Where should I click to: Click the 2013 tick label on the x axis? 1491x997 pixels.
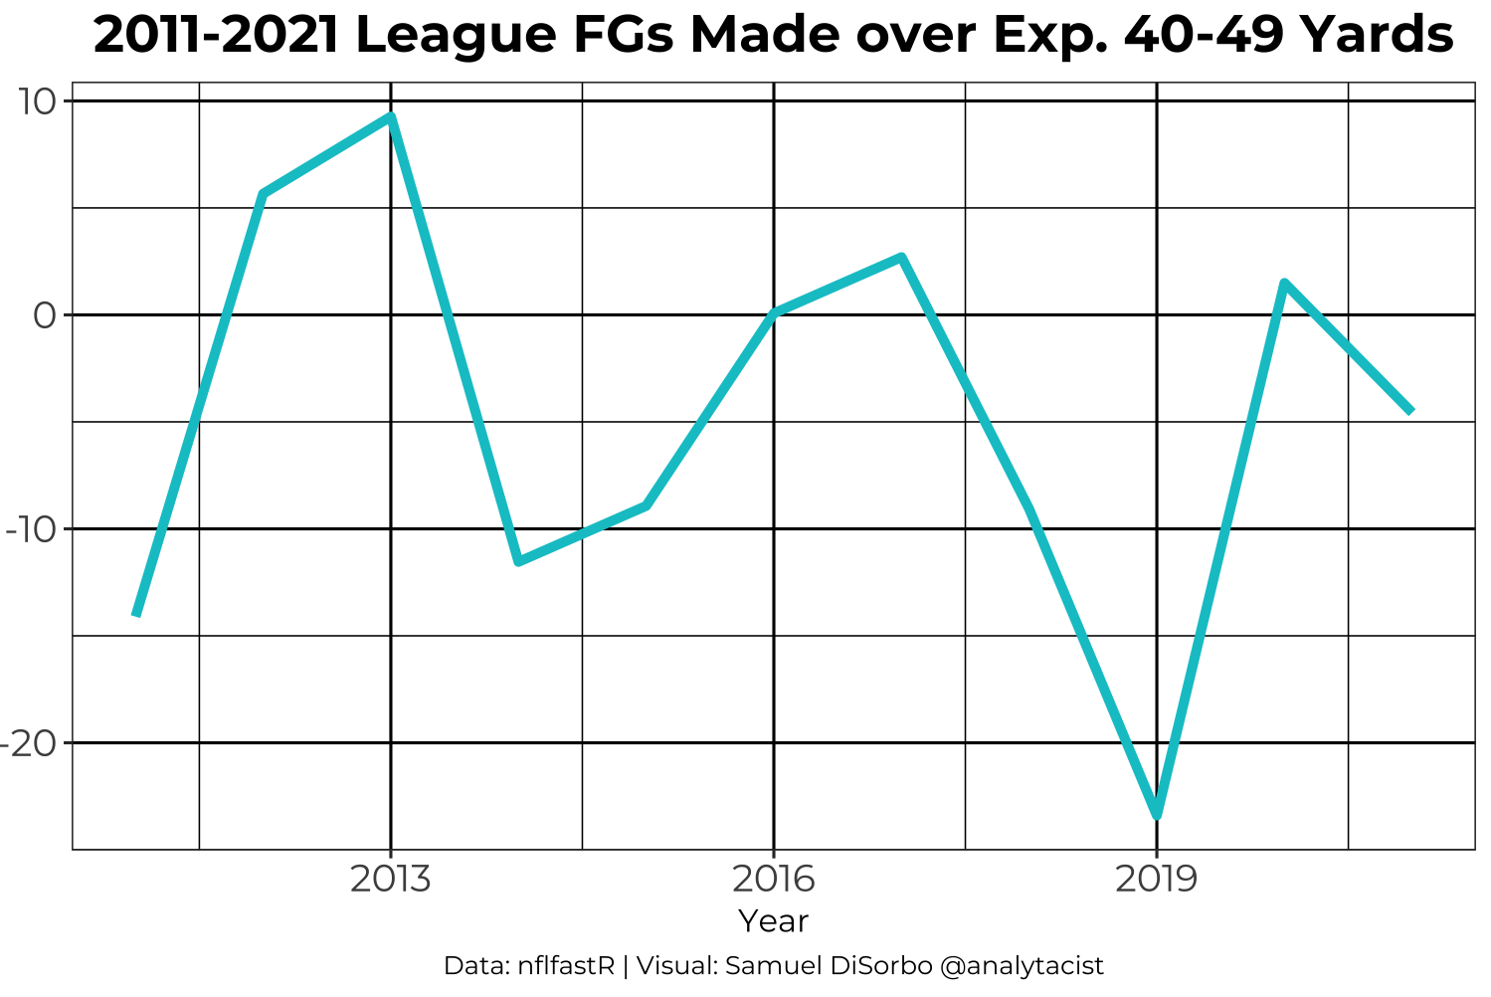(390, 880)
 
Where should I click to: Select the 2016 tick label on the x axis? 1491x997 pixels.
(773, 880)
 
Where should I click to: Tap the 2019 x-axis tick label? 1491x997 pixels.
(1156, 880)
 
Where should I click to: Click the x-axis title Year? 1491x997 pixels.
(773, 922)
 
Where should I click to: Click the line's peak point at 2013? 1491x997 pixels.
(391, 116)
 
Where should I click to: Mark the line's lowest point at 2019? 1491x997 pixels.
(1157, 815)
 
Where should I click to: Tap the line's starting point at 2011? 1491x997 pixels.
(136, 614)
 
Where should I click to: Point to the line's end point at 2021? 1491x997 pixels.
(1410, 410)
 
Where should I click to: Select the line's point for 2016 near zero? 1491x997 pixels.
(774, 312)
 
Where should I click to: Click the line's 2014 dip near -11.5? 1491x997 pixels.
(518, 561)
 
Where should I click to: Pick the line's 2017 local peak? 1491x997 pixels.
(901, 258)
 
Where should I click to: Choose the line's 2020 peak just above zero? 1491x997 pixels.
(1284, 284)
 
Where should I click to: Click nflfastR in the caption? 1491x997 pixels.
(567, 966)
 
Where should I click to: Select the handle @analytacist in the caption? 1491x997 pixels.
(1022, 966)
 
